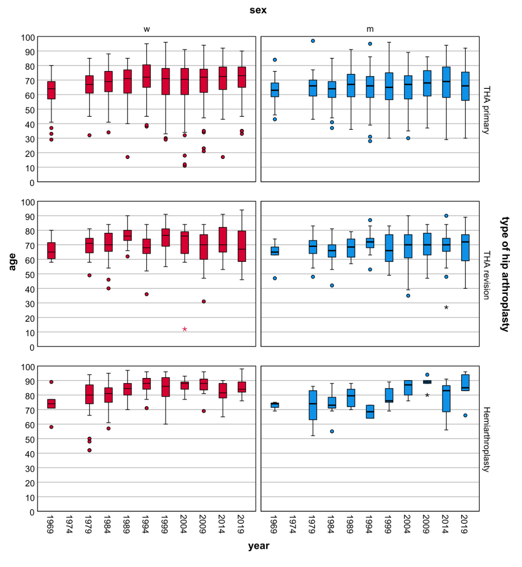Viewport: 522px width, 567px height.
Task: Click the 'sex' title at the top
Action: tap(258, 10)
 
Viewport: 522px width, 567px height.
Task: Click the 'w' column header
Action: tap(147, 29)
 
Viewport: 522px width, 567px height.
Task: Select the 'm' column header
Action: tap(370, 29)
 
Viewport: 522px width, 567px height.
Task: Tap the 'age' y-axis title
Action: tap(12, 262)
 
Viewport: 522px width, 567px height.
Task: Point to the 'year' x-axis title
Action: tap(259, 546)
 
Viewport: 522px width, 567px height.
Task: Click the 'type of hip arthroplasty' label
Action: tap(505, 274)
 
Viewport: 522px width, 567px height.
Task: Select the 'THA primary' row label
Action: tap(487, 110)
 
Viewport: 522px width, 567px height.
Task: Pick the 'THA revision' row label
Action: tap(487, 275)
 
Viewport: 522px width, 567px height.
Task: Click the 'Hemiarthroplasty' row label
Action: tap(487, 439)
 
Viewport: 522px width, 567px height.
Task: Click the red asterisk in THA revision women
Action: tap(185, 329)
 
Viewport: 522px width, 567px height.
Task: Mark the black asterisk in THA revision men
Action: tap(446, 308)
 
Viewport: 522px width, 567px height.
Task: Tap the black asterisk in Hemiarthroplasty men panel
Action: tap(427, 395)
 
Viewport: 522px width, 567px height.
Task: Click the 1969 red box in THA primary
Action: tap(51, 90)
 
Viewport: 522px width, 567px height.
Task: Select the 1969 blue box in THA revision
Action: tap(275, 251)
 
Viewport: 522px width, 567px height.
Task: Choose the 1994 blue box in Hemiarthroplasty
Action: tap(370, 412)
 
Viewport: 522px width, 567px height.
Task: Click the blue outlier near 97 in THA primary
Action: tap(313, 41)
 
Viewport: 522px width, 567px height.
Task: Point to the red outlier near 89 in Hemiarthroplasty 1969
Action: tap(51, 382)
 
